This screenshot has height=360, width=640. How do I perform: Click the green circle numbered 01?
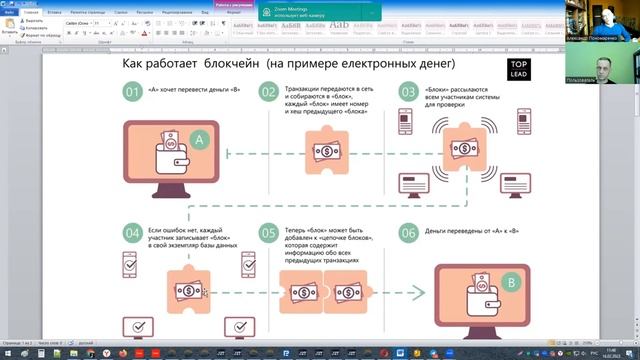point(132,93)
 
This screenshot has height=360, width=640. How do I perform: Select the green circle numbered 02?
point(268,93)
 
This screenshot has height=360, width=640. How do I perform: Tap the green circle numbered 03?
point(408,93)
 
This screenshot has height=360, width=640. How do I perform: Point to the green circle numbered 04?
point(132,235)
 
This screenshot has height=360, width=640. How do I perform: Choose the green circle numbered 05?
point(268,235)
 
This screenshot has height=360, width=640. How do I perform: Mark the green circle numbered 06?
point(408,235)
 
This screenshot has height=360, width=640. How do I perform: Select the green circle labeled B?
point(511,285)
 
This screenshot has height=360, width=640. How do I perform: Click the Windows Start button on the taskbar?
point(9,353)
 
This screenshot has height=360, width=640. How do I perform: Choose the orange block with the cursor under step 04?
point(186,292)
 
